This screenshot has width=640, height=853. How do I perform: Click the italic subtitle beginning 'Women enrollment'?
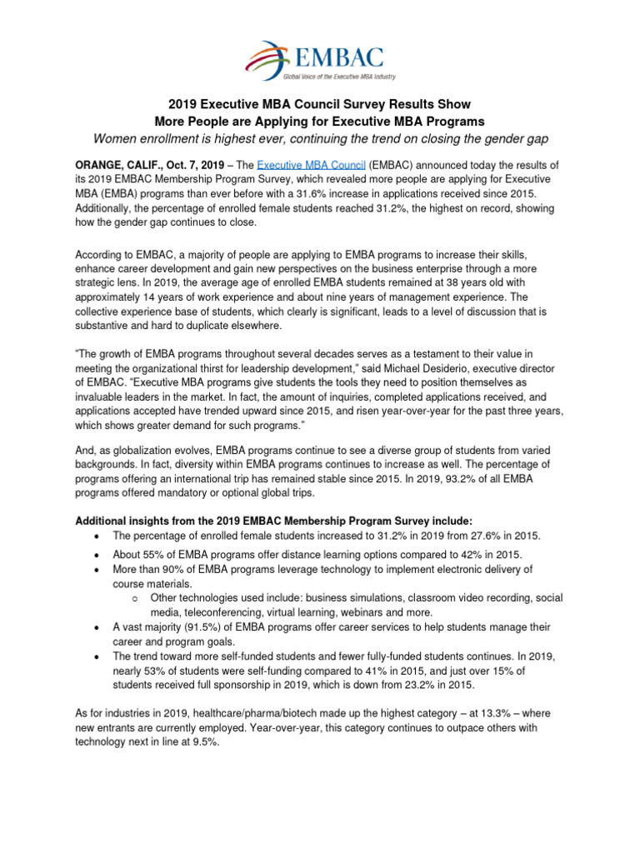(x=320, y=137)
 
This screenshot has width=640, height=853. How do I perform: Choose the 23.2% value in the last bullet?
(x=432, y=685)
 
